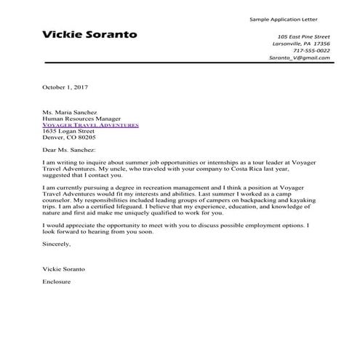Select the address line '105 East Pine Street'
[303, 36]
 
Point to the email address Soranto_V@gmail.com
[299, 57]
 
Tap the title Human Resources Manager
[81, 119]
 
